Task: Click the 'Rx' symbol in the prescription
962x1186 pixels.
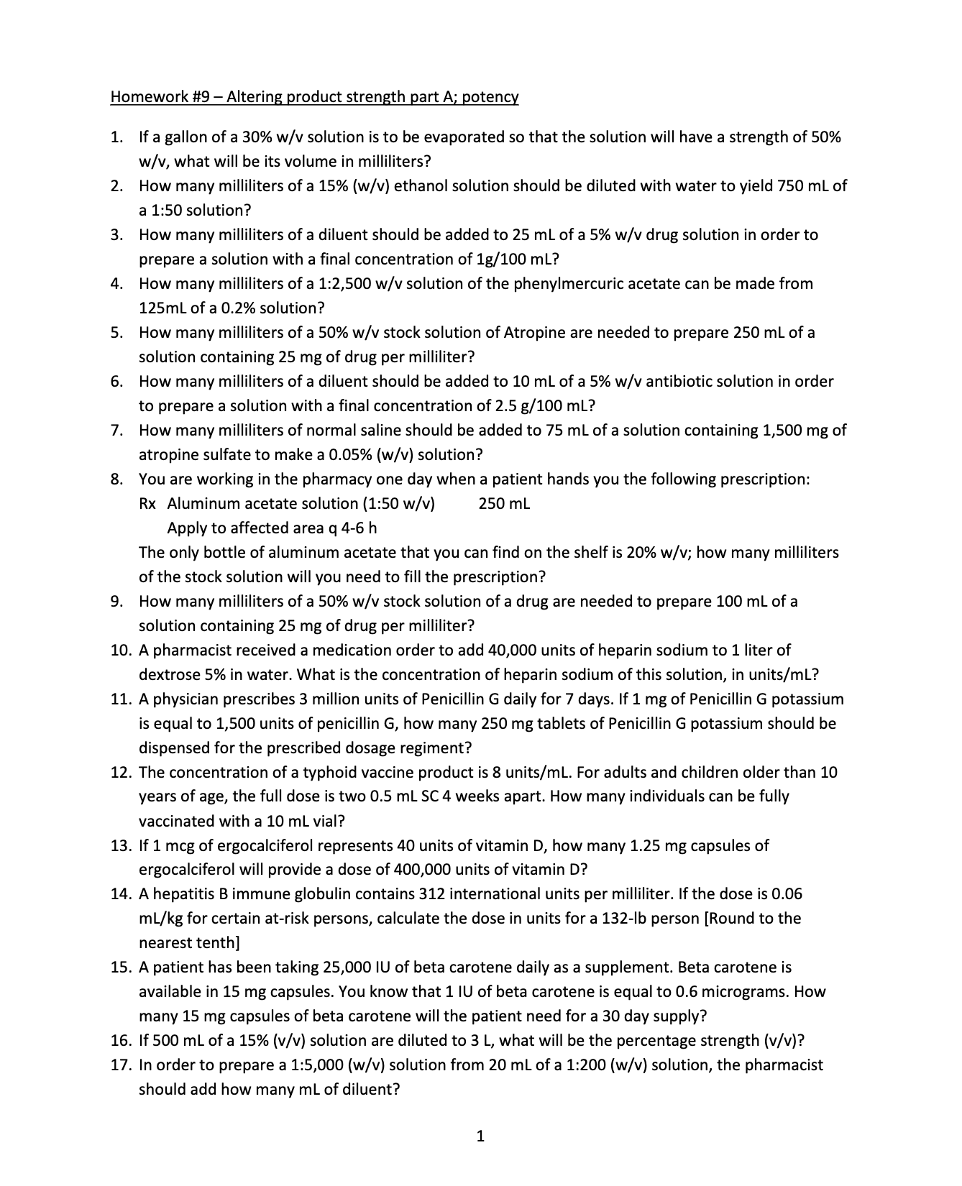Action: click(147, 504)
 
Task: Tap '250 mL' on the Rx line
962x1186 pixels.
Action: click(504, 504)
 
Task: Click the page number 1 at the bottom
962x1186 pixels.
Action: click(481, 1137)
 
